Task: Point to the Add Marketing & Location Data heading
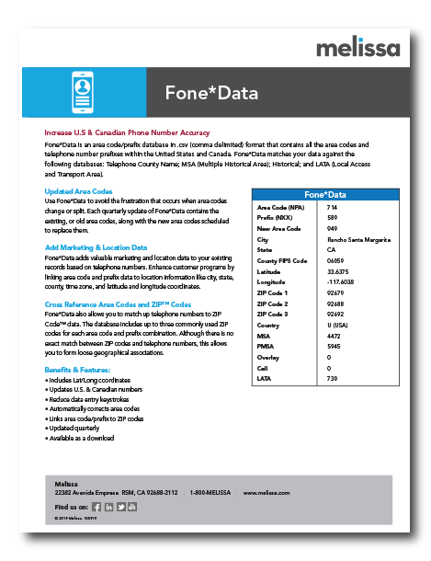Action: click(x=96, y=247)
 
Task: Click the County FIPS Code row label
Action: click(x=281, y=259)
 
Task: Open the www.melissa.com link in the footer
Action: click(x=267, y=493)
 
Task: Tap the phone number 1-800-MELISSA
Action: click(x=211, y=493)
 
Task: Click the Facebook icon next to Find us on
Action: click(x=97, y=507)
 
